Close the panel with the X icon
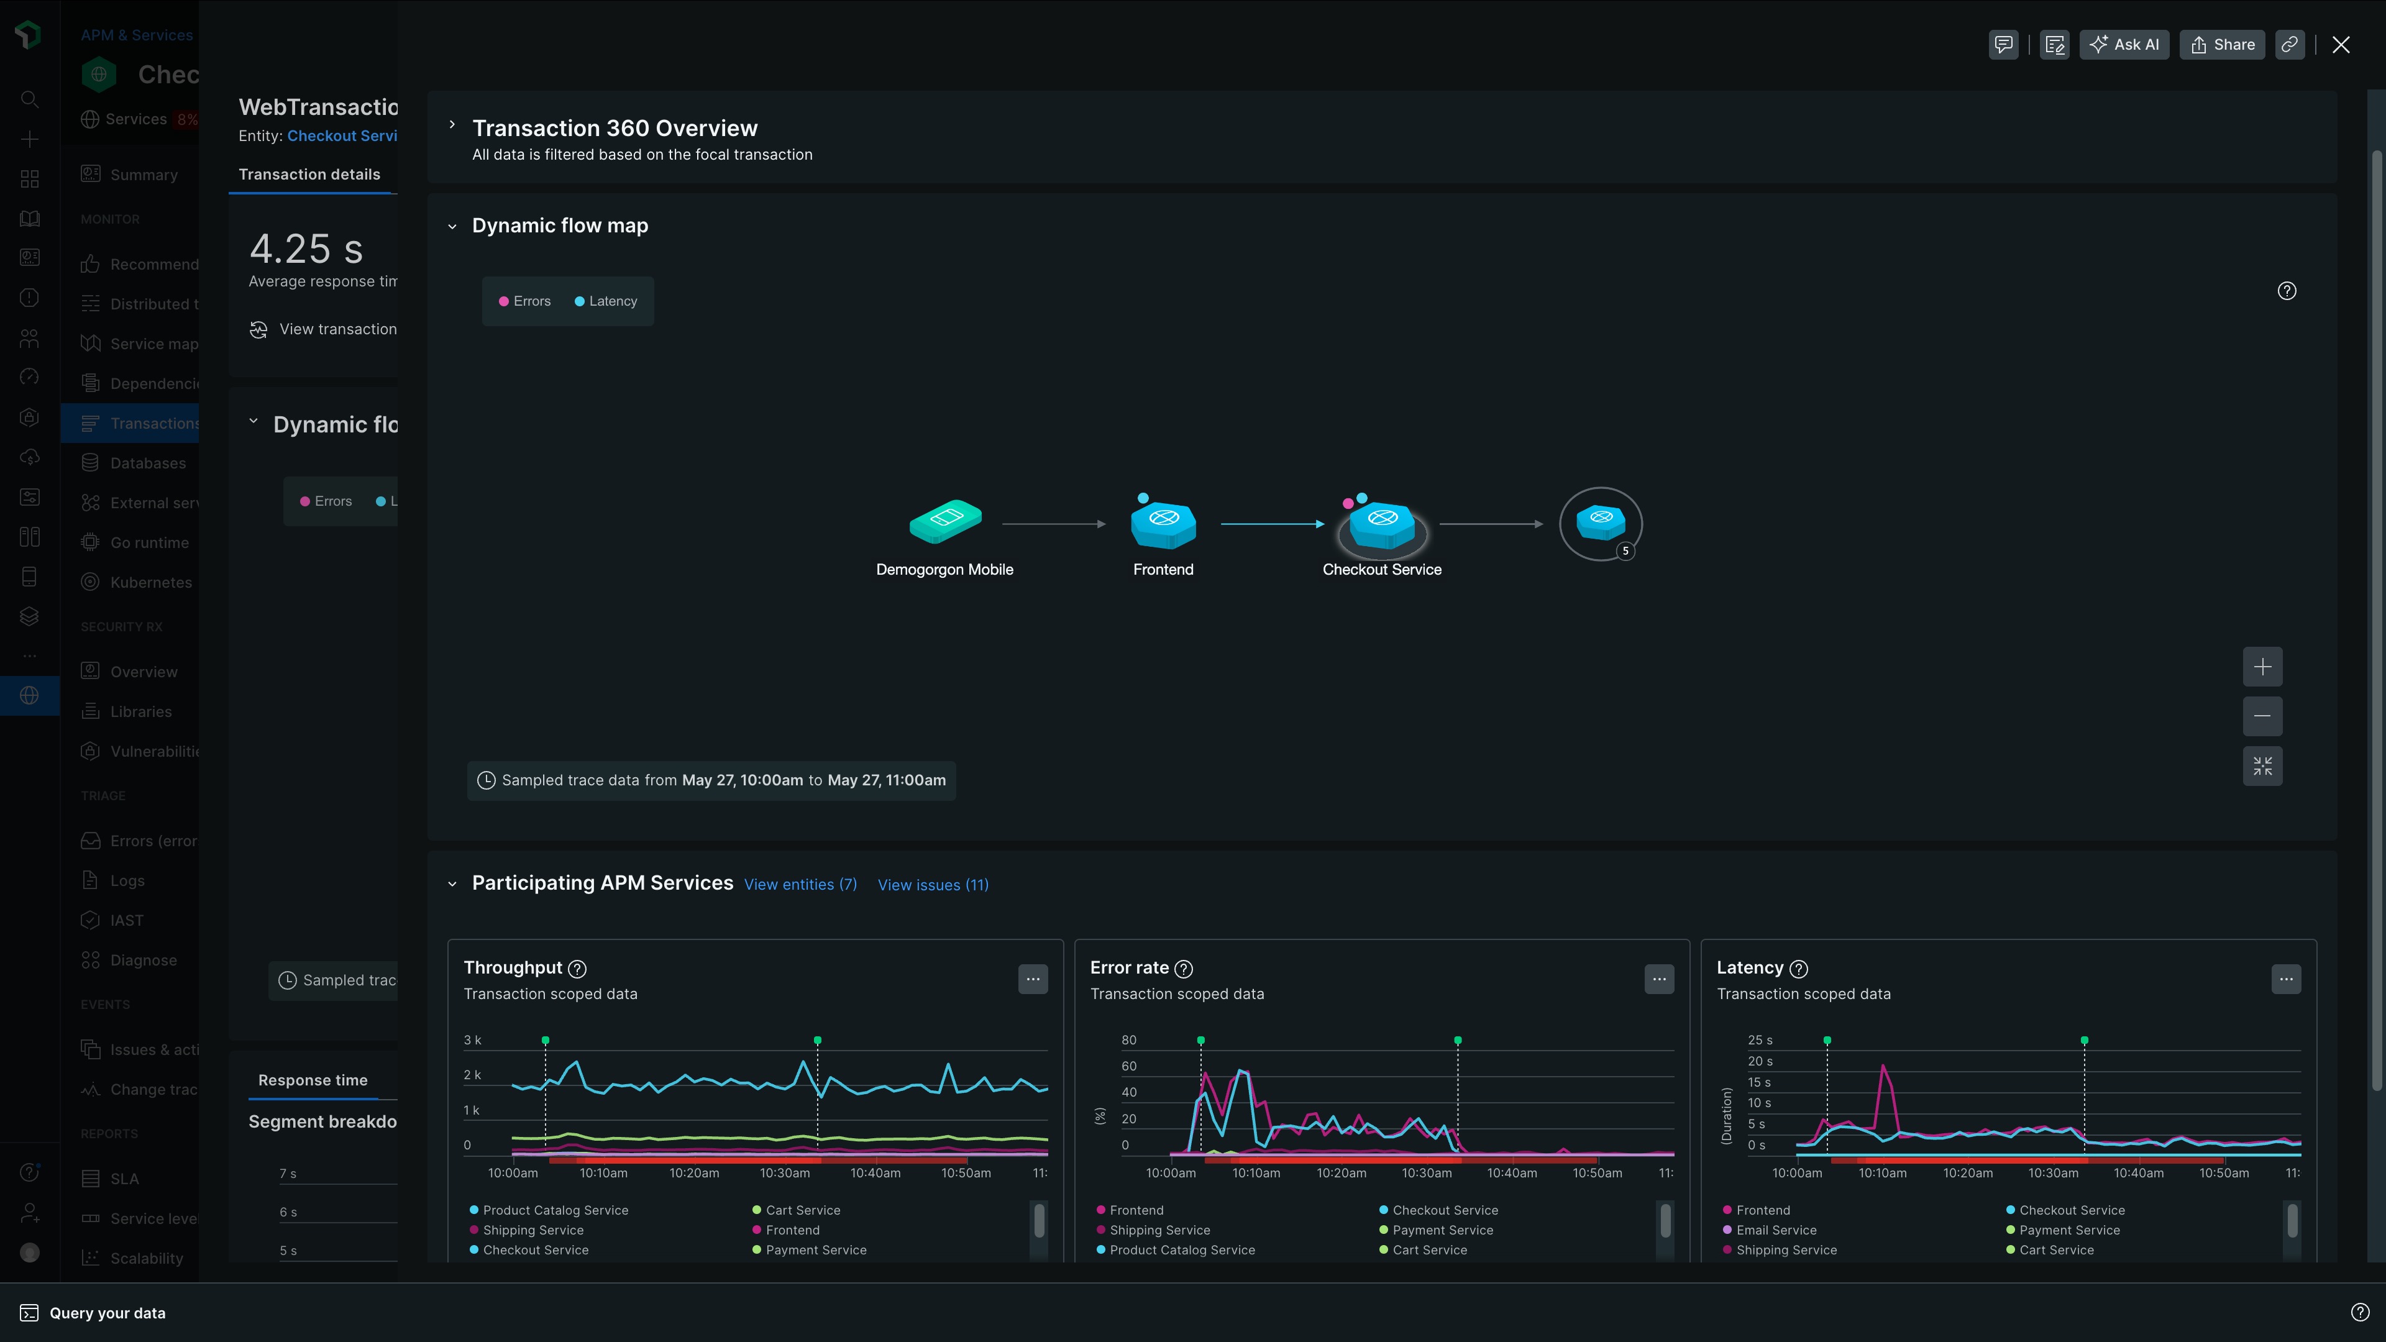(x=2341, y=45)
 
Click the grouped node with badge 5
(x=1601, y=523)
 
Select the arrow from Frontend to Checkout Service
(x=1273, y=524)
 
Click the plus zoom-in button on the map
(x=2262, y=667)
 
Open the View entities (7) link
(x=800, y=885)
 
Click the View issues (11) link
(x=933, y=885)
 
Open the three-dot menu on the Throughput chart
(x=1033, y=979)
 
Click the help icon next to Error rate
(x=1183, y=969)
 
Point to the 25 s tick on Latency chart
(x=1760, y=1040)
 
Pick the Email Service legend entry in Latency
(x=1776, y=1230)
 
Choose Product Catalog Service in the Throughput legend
(x=555, y=1210)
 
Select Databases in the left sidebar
(x=147, y=463)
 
